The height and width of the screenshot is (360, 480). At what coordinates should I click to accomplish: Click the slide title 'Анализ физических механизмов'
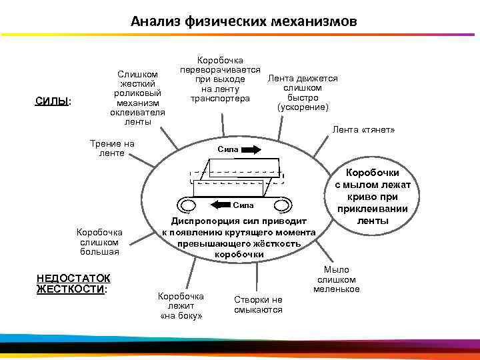243,21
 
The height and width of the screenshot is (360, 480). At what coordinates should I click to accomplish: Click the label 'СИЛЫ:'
54,101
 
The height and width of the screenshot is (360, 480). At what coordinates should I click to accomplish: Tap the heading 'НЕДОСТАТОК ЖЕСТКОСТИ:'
74,283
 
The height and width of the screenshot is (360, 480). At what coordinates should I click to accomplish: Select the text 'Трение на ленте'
112,148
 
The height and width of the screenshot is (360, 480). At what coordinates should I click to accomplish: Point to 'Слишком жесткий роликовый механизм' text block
138,98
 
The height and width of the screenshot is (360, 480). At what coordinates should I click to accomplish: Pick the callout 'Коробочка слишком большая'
98,242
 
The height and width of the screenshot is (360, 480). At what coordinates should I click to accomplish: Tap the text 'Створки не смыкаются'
258,305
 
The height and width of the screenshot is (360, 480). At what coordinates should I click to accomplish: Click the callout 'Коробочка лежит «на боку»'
181,305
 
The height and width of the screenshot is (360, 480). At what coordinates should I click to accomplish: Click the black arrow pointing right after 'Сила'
251,150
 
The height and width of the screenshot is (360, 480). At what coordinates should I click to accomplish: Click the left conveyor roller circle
187,204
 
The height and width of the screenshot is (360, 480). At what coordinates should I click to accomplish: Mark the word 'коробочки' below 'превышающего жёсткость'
239,255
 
